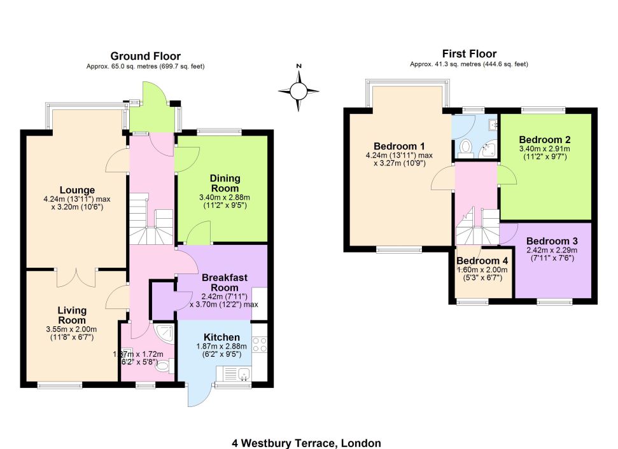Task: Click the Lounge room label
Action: (77, 190)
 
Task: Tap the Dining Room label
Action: (225, 183)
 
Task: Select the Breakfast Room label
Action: (225, 282)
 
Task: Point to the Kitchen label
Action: (221, 337)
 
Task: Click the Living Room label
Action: (72, 315)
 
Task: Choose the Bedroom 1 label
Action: (399, 146)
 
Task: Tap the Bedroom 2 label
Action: (545, 139)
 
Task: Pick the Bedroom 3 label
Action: (552, 240)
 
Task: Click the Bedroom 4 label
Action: (482, 261)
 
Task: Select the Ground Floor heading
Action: (146, 56)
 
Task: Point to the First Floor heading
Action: (469, 53)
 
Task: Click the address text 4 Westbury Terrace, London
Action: (306, 443)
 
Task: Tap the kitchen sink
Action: (234, 373)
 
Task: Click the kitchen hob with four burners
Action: (260, 344)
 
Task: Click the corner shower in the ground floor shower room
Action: (163, 333)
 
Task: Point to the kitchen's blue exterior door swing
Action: (195, 393)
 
